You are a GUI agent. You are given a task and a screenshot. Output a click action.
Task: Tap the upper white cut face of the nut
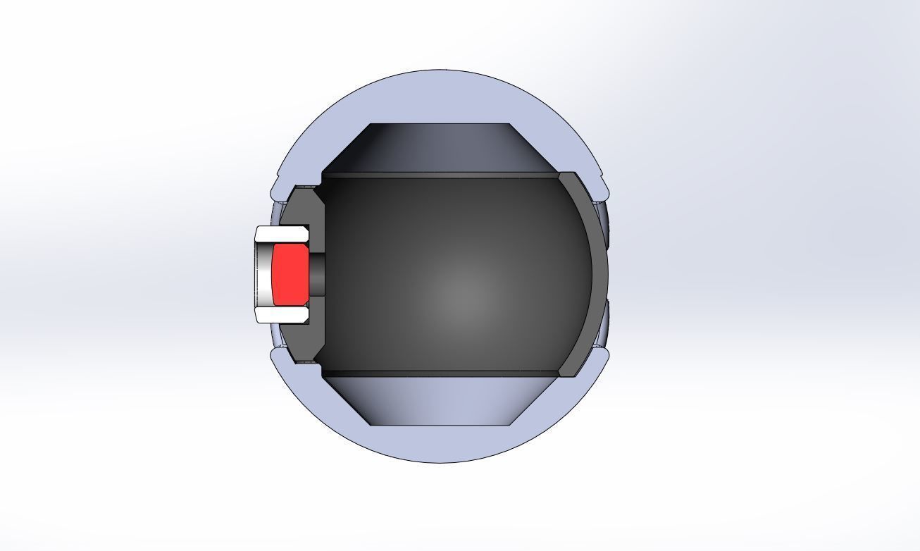point(282,234)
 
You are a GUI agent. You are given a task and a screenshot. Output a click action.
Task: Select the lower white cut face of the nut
point(282,315)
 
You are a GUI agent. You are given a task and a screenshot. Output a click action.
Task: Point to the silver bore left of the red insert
point(262,275)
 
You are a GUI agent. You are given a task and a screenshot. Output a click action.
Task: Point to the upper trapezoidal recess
point(440,148)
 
